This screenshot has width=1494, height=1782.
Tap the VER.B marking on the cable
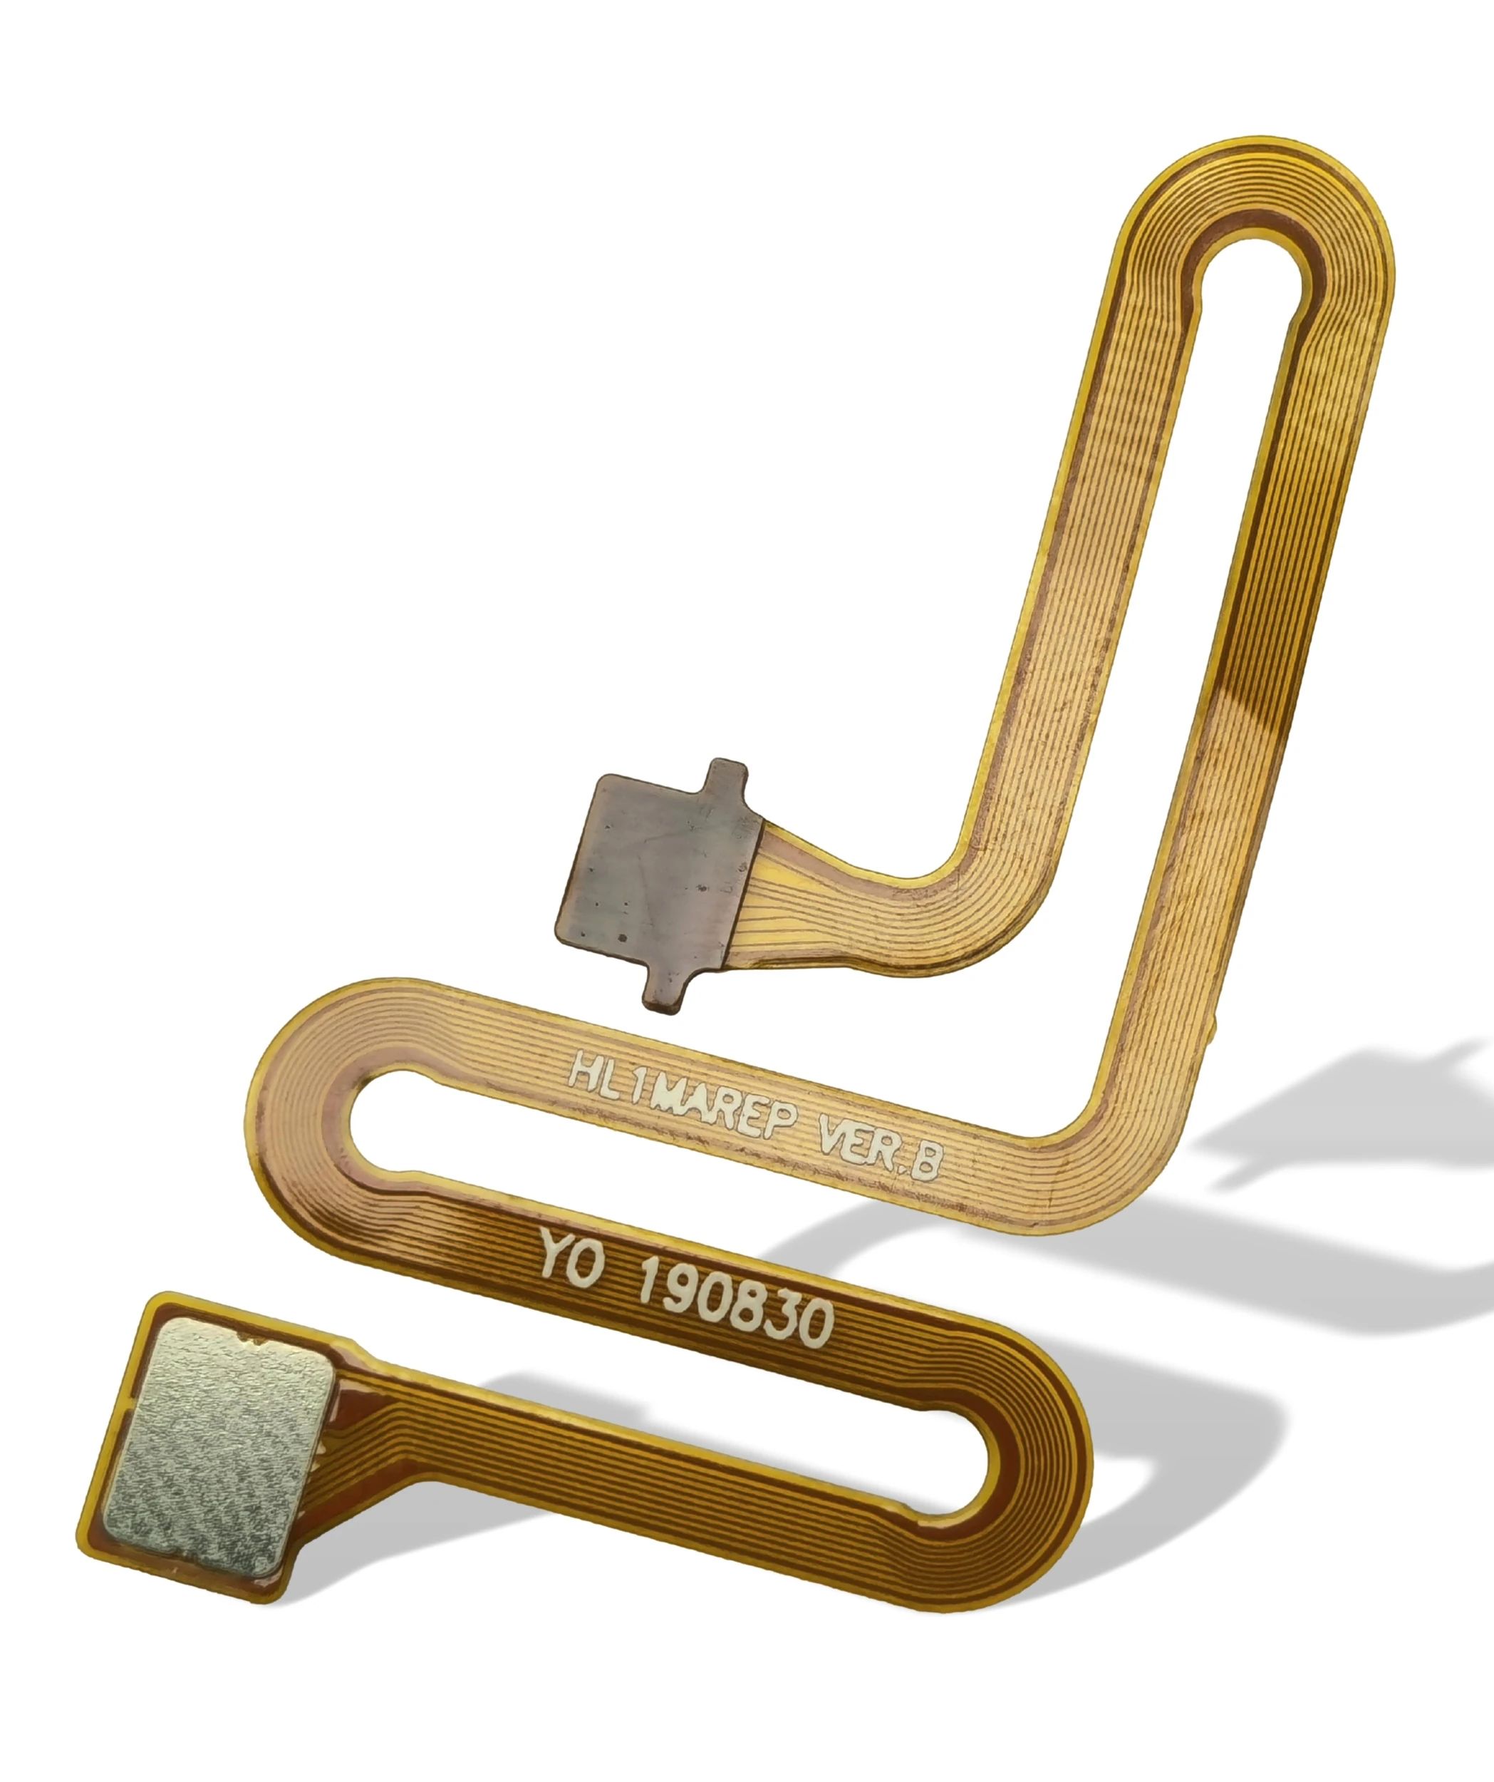(878, 1150)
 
